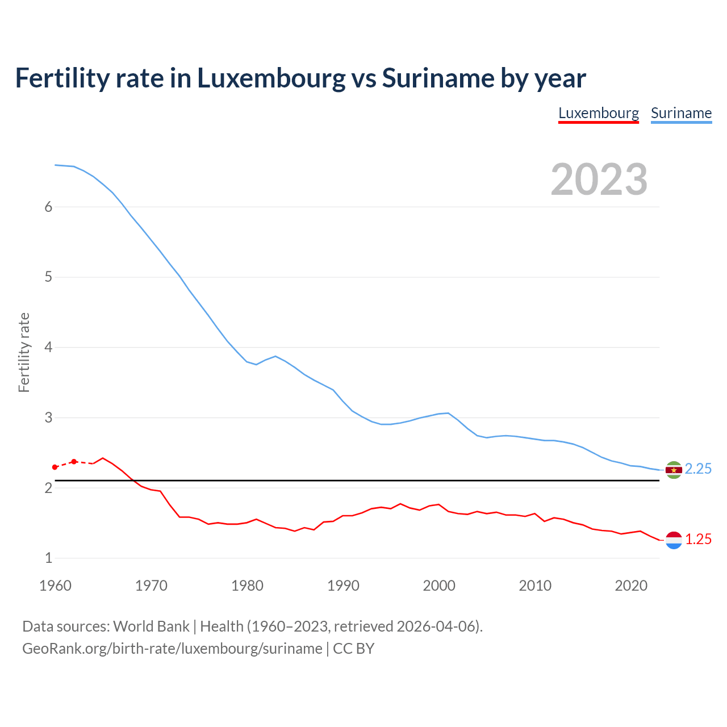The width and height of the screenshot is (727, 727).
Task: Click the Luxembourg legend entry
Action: pos(599,113)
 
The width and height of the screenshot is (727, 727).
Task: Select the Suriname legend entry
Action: pos(681,113)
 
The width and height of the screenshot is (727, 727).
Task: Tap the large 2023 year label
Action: pos(599,179)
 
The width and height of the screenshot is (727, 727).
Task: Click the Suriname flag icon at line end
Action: pos(674,470)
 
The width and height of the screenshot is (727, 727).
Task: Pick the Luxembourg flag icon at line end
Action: pos(674,540)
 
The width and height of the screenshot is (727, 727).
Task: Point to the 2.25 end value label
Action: pos(698,469)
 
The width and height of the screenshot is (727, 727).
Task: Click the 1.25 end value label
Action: pos(698,539)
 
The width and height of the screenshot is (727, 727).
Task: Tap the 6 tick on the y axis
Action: pos(48,207)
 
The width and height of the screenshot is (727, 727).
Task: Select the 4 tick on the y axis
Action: pos(48,347)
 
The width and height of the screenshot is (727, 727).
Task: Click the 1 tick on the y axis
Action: pos(48,558)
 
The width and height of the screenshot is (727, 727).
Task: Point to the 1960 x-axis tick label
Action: pos(55,586)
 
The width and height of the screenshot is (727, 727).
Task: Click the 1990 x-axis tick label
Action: pos(343,586)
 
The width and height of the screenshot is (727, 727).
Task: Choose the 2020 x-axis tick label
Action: pos(631,586)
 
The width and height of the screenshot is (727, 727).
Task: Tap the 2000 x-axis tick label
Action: pos(439,586)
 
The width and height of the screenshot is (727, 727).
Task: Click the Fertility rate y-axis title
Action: pos(24,352)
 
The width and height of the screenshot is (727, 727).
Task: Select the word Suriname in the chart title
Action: pos(437,78)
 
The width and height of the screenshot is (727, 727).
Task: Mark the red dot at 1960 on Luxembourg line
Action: pos(55,467)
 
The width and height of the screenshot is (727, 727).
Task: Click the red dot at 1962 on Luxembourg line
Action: pos(74,462)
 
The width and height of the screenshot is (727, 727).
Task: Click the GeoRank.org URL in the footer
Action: pos(172,649)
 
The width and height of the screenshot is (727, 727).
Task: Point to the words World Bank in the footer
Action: pos(151,626)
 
